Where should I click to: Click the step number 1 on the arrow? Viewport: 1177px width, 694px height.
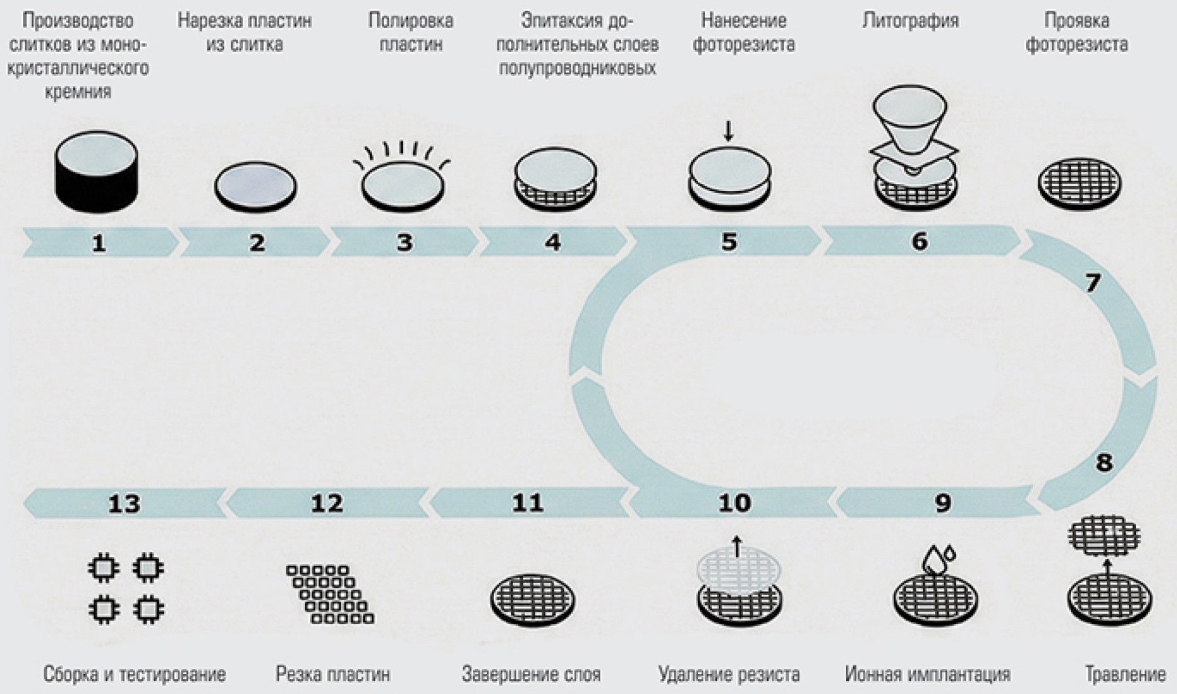[x=99, y=243]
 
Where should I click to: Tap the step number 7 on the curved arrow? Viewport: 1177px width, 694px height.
[x=1093, y=284]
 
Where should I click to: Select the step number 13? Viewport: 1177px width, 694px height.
[x=124, y=504]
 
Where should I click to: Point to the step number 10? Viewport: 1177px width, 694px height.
[x=734, y=503]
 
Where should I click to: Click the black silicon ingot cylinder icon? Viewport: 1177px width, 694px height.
[x=96, y=171]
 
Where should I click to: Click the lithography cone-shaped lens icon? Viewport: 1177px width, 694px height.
[x=910, y=119]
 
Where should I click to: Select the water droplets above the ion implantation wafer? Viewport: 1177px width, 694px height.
[x=939, y=556]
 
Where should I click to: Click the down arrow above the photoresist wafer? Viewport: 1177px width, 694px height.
[x=728, y=131]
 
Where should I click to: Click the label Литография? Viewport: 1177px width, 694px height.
[x=911, y=21]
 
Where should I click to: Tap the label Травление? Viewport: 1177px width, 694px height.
[x=1125, y=675]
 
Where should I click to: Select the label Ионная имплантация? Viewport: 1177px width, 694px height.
[x=928, y=675]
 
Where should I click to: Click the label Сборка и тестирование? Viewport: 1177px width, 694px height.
[x=134, y=675]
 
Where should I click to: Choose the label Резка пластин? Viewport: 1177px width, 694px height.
[x=333, y=675]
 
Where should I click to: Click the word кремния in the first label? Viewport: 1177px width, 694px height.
[x=78, y=92]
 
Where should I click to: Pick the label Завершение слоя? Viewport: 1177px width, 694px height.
[x=531, y=675]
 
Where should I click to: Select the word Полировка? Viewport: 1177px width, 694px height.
[x=410, y=21]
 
